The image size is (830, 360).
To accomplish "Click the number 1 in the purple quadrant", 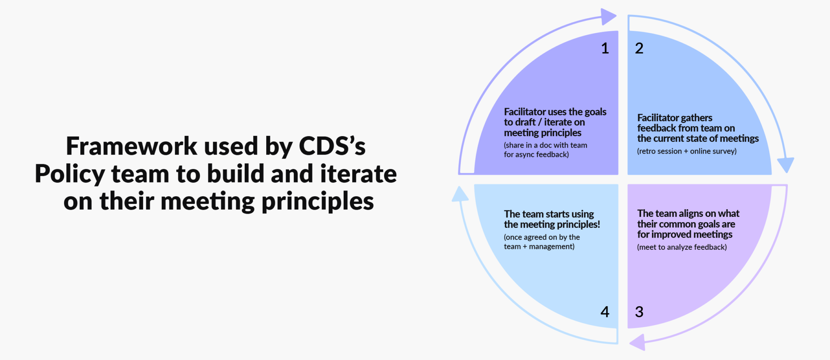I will (605, 49).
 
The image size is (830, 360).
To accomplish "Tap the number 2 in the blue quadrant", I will (639, 49).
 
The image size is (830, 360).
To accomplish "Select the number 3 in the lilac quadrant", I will (639, 312).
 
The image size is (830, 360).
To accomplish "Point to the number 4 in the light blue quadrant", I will (605, 312).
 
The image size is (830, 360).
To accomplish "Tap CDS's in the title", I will (332, 146).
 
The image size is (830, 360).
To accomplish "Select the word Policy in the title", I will (70, 174).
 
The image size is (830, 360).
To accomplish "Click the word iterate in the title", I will (358, 174).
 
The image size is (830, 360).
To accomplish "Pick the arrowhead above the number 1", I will (609, 17).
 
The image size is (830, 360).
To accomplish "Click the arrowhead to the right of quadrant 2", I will (785, 165).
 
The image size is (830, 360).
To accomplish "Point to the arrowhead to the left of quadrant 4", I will (460, 194).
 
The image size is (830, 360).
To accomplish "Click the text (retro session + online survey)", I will (687, 151).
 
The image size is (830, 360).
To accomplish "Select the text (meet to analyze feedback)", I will (682, 247).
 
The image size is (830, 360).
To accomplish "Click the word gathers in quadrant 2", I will (697, 118).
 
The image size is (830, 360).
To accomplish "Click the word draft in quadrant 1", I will (525, 122).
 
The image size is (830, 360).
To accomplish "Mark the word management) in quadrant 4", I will (552, 246).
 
